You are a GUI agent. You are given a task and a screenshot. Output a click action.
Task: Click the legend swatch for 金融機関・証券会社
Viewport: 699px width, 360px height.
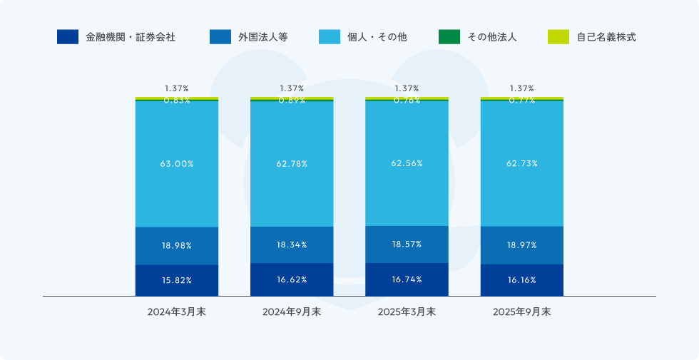coord(68,37)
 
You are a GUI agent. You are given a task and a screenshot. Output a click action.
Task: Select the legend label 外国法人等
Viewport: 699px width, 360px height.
coord(262,37)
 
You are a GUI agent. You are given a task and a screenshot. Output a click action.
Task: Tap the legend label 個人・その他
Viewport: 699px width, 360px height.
coord(377,37)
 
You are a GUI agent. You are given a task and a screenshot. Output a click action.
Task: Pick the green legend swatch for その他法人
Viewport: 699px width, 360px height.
coord(449,37)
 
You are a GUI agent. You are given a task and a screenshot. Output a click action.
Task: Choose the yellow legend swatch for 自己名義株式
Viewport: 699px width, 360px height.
coord(558,37)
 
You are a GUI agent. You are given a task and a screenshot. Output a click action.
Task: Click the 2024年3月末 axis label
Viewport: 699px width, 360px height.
coord(176,312)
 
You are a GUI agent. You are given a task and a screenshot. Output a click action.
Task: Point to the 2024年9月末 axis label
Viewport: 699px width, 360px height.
coord(292,312)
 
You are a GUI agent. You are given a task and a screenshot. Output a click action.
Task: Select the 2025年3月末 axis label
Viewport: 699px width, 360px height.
coord(407,312)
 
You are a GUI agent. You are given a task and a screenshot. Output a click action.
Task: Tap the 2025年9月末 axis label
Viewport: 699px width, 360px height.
coord(521,312)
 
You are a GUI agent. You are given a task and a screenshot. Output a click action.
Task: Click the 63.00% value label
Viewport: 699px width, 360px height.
coord(176,164)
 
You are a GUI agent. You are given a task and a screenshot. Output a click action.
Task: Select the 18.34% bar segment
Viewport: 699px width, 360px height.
coord(292,245)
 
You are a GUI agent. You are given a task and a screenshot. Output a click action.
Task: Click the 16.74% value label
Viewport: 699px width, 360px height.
coord(407,279)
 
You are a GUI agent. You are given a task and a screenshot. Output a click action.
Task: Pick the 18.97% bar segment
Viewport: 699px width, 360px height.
coord(521,245)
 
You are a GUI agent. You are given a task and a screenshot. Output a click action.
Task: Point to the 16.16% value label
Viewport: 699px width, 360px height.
coord(521,280)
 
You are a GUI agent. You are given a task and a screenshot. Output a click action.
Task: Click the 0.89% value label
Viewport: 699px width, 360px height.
coord(292,101)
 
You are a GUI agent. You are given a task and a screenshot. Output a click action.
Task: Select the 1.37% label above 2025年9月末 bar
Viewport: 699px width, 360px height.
coord(521,88)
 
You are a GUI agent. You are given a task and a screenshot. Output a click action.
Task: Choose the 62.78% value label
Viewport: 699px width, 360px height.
coord(292,164)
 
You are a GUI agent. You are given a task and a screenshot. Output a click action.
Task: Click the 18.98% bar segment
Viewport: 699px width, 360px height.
coord(176,246)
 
